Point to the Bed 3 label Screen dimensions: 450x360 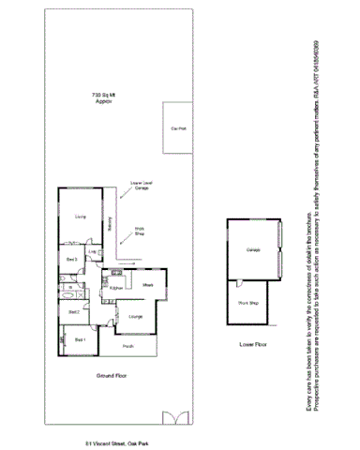click(x=71, y=258)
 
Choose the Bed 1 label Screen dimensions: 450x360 click(x=80, y=339)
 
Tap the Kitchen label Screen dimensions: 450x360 click(x=117, y=287)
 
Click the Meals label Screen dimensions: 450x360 click(x=148, y=284)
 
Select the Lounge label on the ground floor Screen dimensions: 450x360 click(x=135, y=315)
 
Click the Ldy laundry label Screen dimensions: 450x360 click(x=94, y=253)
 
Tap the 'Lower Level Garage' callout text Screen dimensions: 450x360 click(x=142, y=186)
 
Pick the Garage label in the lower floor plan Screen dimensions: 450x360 click(x=252, y=250)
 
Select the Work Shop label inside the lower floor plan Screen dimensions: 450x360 click(x=247, y=303)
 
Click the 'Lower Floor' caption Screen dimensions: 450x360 click(x=253, y=345)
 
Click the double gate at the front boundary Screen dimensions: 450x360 click(x=174, y=416)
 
